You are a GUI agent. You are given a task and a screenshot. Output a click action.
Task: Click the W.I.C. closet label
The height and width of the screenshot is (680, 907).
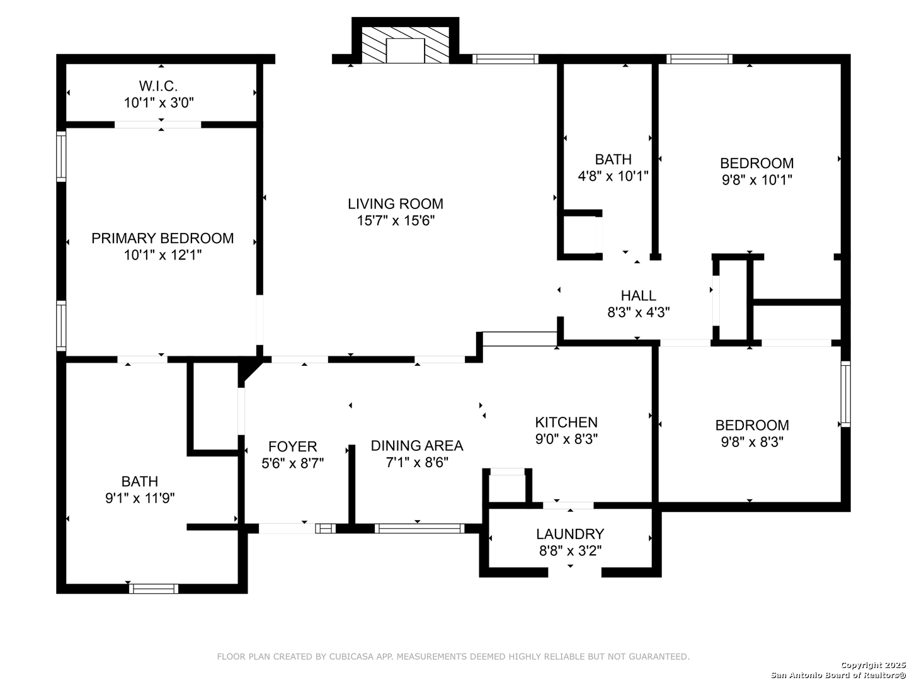(158, 86)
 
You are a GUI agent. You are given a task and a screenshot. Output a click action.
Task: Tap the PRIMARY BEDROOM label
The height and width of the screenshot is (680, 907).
(163, 238)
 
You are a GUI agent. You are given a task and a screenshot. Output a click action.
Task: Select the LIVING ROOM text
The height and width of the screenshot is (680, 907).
(396, 203)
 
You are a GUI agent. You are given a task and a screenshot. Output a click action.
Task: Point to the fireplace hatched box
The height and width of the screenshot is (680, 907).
(405, 45)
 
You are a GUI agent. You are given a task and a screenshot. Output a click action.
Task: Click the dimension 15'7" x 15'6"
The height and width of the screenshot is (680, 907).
(396, 220)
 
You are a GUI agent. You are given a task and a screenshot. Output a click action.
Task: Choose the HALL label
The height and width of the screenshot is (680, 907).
(638, 295)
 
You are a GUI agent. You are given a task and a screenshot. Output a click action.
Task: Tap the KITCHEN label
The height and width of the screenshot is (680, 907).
(566, 422)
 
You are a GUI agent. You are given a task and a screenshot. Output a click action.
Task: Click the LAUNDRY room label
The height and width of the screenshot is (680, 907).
(570, 534)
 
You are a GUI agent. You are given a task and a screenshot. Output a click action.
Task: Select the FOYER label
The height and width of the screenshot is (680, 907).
(292, 446)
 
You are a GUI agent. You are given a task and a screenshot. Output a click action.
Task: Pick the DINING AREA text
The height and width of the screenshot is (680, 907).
(417, 446)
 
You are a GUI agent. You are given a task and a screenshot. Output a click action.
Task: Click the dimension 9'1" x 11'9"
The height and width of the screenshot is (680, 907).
(140, 498)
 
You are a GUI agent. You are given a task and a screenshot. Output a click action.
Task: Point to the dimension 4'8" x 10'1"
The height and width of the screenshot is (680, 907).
(613, 176)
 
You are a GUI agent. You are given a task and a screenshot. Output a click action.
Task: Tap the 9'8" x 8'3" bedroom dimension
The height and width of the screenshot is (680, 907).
(752, 442)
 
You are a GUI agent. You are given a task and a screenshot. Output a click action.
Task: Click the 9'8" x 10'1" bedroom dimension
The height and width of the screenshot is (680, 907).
(756, 180)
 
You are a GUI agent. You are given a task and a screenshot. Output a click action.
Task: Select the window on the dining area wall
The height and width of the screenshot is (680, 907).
(419, 528)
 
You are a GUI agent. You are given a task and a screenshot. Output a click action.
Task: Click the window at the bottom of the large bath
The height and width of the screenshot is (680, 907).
(153, 588)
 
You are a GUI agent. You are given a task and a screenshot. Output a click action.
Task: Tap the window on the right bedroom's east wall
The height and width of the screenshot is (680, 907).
(845, 394)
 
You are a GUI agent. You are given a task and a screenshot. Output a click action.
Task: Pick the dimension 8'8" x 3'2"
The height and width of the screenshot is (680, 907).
(570, 551)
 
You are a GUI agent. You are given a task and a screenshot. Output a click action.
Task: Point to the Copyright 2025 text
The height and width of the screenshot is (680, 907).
(872, 665)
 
